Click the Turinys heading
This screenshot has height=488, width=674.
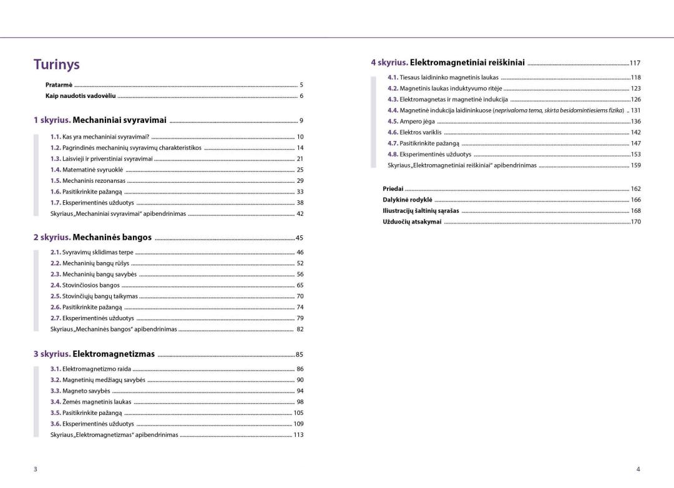point(57,64)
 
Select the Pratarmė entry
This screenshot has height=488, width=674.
point(59,84)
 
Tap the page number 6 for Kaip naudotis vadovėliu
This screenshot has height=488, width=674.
point(301,95)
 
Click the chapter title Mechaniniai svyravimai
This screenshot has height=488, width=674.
point(119,120)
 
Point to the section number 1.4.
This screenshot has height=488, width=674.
point(56,170)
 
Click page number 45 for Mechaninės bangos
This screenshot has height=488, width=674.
point(300,238)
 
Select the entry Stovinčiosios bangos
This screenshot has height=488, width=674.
point(91,285)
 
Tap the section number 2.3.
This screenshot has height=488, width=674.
point(56,274)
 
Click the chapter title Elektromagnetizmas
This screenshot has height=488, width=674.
point(114,354)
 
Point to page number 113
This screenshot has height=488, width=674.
point(298,435)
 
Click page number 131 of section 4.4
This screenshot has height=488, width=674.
point(636,110)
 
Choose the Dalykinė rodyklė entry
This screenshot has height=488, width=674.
point(407,200)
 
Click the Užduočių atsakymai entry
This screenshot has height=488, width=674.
point(412,222)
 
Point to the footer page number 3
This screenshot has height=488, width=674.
point(36,469)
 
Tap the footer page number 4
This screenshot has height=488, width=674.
point(638,469)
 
